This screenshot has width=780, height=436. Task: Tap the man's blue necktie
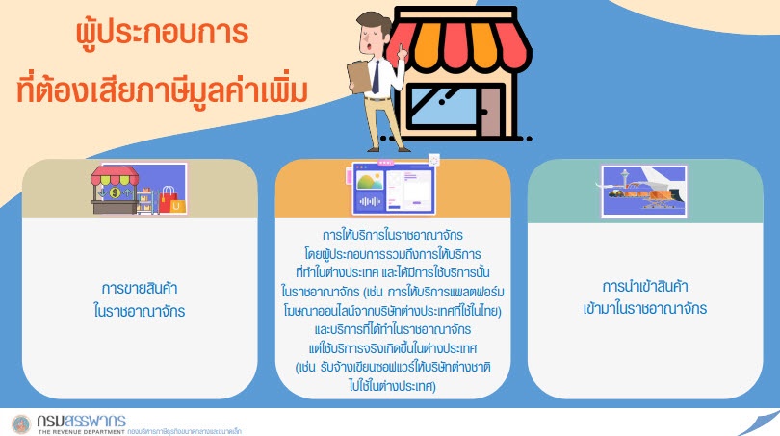(376, 77)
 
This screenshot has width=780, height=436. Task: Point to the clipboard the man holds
(359, 76)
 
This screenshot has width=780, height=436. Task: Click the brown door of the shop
(490, 112)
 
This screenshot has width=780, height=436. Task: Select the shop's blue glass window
(441, 107)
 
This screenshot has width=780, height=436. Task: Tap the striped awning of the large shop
(460, 47)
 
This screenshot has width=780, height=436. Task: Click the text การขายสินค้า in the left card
(140, 288)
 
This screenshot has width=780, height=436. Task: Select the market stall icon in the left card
(115, 190)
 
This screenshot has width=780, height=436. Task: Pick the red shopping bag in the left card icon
(168, 200)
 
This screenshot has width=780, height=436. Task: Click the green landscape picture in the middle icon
(370, 181)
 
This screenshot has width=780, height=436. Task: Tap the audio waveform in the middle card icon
(370, 201)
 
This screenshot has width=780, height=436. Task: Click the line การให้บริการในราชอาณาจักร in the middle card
(393, 235)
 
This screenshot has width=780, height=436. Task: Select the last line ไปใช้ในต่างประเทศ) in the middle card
(393, 386)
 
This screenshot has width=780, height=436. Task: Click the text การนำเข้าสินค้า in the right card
(644, 286)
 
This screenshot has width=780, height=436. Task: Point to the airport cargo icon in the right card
(643, 191)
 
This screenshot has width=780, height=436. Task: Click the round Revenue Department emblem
(21, 424)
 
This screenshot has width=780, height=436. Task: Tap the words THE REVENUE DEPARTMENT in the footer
(82, 431)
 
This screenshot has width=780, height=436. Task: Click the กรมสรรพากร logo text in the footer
(82, 421)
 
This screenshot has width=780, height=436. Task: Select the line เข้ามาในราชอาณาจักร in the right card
(644, 309)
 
